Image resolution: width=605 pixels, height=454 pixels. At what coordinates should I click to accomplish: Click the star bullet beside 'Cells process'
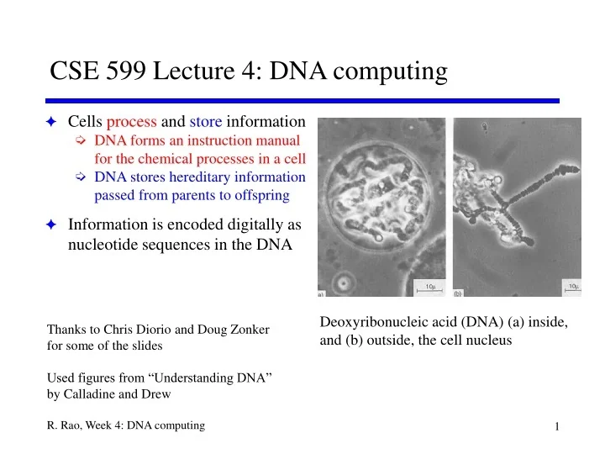tap(51, 123)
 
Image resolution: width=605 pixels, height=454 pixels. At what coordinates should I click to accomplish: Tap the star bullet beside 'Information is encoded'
tap(51, 226)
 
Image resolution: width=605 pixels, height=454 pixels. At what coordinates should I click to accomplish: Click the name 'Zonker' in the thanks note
tap(261, 328)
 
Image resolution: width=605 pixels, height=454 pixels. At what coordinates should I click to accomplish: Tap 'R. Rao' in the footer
tap(66, 426)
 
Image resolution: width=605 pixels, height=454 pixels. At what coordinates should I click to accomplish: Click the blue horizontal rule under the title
tap(302, 101)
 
